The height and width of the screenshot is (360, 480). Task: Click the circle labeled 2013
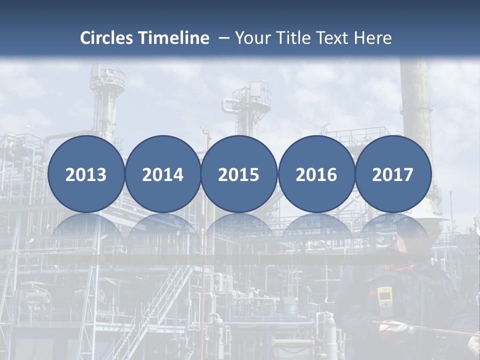click(x=86, y=174)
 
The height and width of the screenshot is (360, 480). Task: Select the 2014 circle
click(x=162, y=174)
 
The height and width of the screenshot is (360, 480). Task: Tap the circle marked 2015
click(x=239, y=174)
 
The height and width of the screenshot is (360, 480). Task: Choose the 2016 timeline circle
click(x=316, y=174)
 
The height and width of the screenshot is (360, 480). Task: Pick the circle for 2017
click(x=393, y=174)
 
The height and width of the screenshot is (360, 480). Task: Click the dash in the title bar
click(x=224, y=38)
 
